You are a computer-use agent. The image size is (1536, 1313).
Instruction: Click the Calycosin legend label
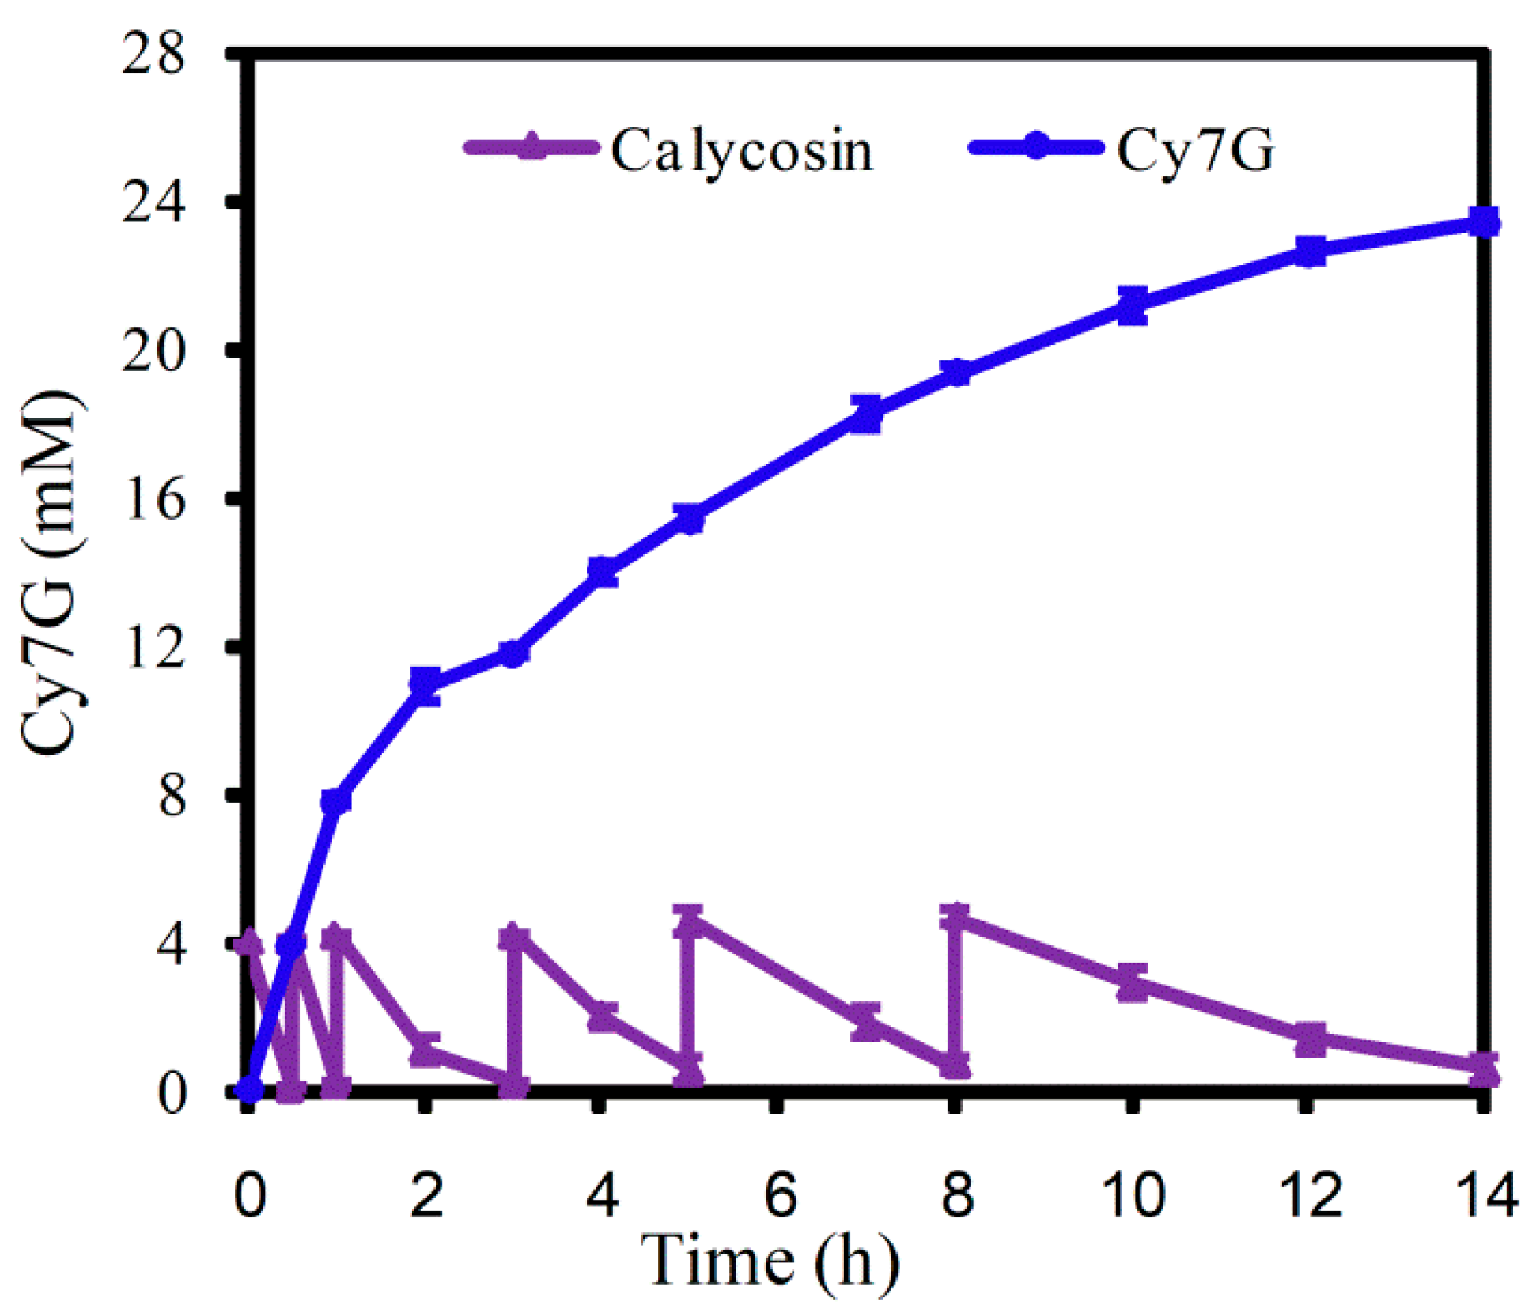[x=741, y=150]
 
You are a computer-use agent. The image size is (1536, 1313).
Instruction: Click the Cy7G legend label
[x=1194, y=150]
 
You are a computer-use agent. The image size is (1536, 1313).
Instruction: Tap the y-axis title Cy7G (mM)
[x=49, y=573]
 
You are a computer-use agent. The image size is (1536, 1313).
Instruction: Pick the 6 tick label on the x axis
[x=780, y=1194]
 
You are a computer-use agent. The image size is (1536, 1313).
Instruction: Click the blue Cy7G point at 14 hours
[x=1484, y=223]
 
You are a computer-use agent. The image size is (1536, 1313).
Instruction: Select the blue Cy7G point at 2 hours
[x=426, y=685]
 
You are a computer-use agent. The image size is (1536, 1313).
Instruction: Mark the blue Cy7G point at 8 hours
[x=957, y=372]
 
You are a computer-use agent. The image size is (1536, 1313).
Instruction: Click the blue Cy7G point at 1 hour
[x=336, y=801]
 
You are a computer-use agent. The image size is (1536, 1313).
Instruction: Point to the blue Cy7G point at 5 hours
[x=690, y=519]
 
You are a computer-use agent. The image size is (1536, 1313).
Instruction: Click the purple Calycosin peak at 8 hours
[x=957, y=918]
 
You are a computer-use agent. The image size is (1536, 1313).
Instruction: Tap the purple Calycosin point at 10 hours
[x=1133, y=982]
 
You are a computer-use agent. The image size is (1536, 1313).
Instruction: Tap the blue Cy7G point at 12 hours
[x=1310, y=252]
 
